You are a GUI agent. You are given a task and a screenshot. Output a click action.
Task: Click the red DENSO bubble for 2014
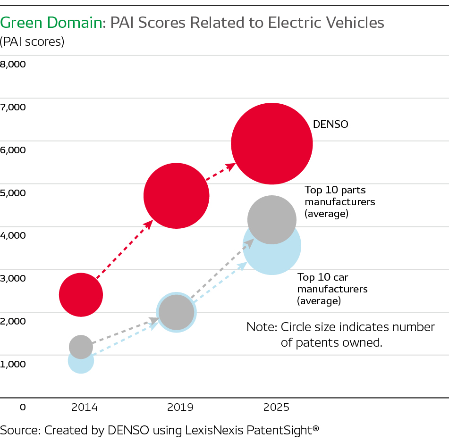[81, 295]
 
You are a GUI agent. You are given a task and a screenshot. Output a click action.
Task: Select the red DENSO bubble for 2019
[176, 196]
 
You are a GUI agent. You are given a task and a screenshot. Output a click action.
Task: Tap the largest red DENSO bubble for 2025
[271, 143]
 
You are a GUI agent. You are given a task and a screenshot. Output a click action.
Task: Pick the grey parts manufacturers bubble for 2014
[81, 347]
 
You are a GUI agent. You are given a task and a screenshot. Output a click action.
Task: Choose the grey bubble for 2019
[176, 312]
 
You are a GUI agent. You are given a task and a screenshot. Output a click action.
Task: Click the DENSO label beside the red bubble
[330, 125]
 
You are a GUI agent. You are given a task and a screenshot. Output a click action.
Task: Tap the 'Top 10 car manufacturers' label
[332, 289]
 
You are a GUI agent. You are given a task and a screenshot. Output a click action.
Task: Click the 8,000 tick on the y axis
[14, 64]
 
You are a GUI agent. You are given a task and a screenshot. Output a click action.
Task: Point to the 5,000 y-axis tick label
[14, 192]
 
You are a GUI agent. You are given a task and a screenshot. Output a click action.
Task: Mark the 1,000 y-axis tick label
[14, 364]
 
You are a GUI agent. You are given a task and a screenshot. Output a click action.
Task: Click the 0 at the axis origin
[22, 407]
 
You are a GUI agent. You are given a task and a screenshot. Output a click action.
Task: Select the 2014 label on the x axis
[84, 407]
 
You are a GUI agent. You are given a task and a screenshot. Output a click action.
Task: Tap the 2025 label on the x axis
[276, 407]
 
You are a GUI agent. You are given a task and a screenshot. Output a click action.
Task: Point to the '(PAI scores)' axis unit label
[32, 42]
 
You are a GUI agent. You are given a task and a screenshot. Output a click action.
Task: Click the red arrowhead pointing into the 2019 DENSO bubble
[149, 224]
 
